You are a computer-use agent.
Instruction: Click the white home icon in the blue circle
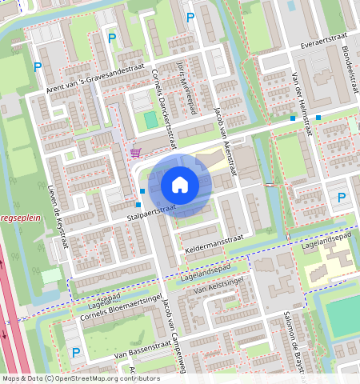point(180,186)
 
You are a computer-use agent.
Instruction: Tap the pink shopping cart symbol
point(136,152)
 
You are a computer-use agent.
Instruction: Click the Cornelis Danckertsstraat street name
point(163,109)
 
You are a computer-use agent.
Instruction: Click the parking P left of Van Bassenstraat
point(76,352)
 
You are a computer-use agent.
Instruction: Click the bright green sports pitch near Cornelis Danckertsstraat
point(150,120)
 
